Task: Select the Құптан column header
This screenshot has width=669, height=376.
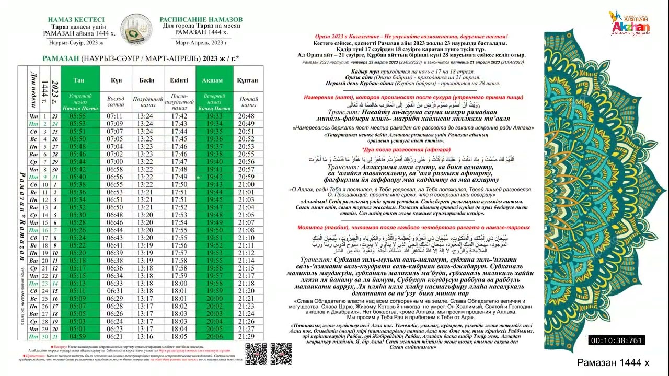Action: click(x=247, y=80)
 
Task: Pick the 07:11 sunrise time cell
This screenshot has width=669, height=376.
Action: click(x=115, y=116)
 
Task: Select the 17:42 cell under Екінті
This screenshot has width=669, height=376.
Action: click(x=179, y=116)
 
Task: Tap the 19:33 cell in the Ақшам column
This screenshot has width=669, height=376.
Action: click(x=214, y=116)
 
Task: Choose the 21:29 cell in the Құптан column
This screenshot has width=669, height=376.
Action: click(x=247, y=337)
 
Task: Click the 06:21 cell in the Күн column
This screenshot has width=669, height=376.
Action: click(x=115, y=337)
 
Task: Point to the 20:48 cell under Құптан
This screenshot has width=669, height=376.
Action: click(x=247, y=116)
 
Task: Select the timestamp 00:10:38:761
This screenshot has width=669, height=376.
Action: click(x=617, y=340)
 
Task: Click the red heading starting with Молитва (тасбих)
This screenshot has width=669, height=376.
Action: click(x=413, y=228)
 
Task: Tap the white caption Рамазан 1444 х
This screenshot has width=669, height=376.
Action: click(x=613, y=362)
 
